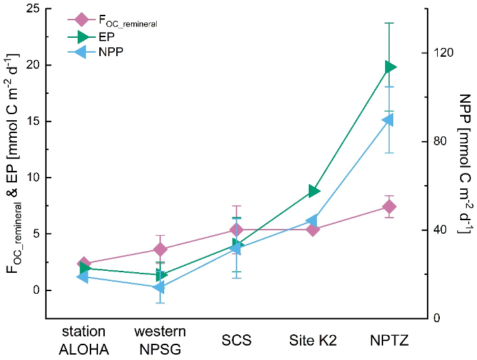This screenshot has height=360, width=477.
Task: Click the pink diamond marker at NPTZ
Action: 389,206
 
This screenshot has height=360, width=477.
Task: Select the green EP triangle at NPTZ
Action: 390,67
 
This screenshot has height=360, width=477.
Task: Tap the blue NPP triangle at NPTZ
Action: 388,120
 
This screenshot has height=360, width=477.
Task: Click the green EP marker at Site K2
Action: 313,191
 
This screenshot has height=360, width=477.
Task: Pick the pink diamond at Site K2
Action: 313,230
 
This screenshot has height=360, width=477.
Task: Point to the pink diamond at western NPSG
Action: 160,249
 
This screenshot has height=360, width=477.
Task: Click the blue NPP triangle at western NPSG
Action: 159,288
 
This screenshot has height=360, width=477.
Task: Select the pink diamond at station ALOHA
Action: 84,263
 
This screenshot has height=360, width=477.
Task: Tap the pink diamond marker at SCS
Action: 236,230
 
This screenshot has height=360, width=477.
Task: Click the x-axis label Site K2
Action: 313,340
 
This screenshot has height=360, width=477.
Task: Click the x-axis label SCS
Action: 236,340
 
